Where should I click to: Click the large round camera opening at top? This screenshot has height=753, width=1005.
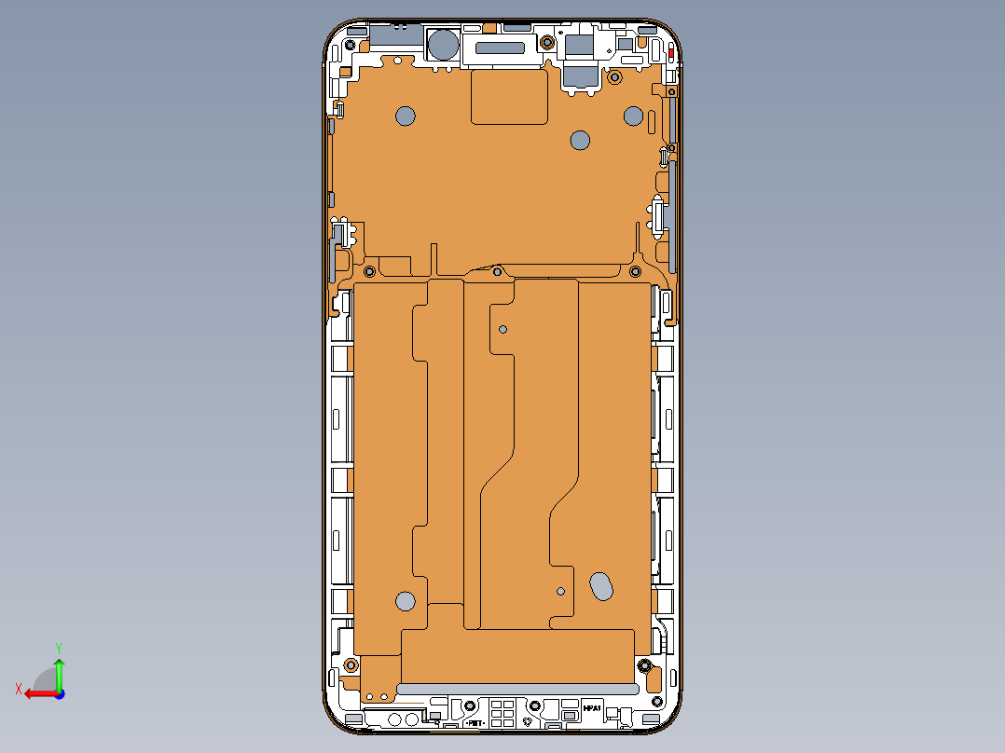(442, 45)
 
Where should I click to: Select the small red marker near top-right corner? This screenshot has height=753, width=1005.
(671, 55)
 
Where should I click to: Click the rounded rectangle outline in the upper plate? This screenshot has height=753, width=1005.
(509, 97)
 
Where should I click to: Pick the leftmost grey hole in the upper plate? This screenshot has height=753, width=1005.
(406, 116)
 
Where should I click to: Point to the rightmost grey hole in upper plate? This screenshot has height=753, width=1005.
(633, 116)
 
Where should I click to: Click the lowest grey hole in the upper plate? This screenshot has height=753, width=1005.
(580, 141)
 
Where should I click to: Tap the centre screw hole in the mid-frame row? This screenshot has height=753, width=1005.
(498, 272)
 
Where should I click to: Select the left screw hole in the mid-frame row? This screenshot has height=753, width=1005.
(369, 271)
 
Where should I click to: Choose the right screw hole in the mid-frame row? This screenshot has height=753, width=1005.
(635, 271)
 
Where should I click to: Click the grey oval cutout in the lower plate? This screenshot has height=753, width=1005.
(602, 585)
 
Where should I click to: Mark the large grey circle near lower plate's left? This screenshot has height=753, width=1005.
(405, 601)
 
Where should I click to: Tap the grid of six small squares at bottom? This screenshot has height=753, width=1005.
(502, 713)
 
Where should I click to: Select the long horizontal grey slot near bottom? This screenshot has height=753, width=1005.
(517, 689)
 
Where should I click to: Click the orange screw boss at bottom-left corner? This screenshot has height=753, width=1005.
(351, 664)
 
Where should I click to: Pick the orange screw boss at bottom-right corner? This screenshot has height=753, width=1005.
(644, 666)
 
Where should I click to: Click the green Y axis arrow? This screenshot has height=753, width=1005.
(59, 669)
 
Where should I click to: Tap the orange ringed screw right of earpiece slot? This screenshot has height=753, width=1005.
(545, 42)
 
